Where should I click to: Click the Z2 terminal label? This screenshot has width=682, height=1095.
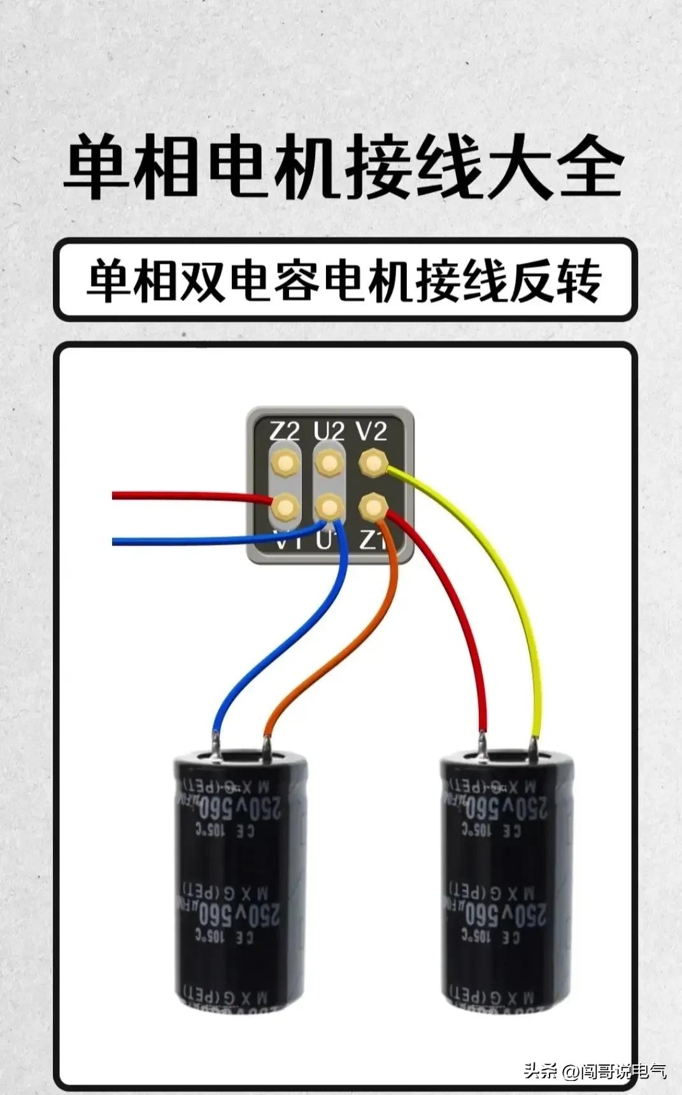(283, 431)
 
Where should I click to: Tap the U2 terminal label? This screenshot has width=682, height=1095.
(329, 431)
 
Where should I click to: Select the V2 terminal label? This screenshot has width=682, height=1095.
(372, 431)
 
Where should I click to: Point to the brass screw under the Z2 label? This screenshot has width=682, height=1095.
(284, 462)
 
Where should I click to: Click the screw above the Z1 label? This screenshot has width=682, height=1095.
(373, 507)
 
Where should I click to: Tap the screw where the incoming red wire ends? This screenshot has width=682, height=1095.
(285, 507)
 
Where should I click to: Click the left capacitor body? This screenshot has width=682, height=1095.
(241, 880)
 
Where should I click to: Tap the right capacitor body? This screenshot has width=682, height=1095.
(508, 880)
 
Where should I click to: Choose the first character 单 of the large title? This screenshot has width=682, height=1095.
(97, 168)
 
